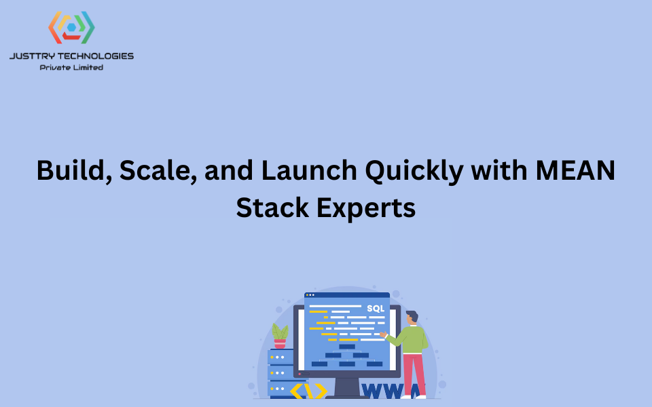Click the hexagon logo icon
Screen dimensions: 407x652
tap(71, 27)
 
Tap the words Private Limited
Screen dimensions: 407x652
tap(71, 67)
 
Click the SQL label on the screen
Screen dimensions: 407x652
tap(375, 309)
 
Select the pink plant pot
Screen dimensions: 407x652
tap(280, 344)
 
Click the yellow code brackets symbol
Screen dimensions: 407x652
tap(309, 391)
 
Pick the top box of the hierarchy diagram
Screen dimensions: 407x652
tap(347, 347)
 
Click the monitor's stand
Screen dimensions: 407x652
tap(347, 387)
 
